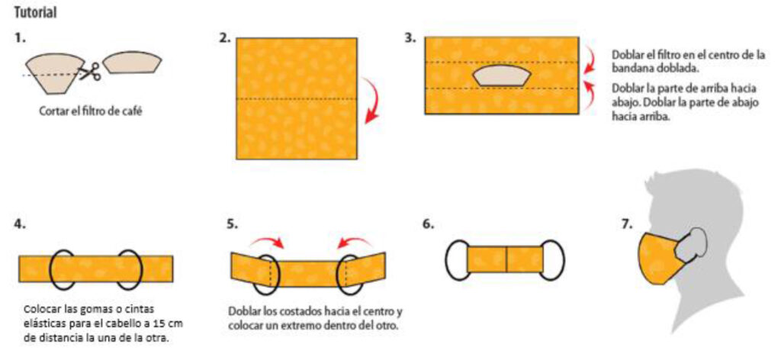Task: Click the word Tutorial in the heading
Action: pyautogui.click(x=35, y=13)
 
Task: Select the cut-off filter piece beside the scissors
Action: pyautogui.click(x=132, y=62)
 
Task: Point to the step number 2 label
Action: pyautogui.click(x=225, y=38)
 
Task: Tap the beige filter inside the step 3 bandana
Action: pyautogui.click(x=502, y=76)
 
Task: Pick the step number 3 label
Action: pyautogui.click(x=410, y=38)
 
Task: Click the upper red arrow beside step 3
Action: pyautogui.click(x=591, y=58)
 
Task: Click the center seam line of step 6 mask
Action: pyautogui.click(x=506, y=259)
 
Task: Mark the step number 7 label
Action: pyautogui.click(x=627, y=224)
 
